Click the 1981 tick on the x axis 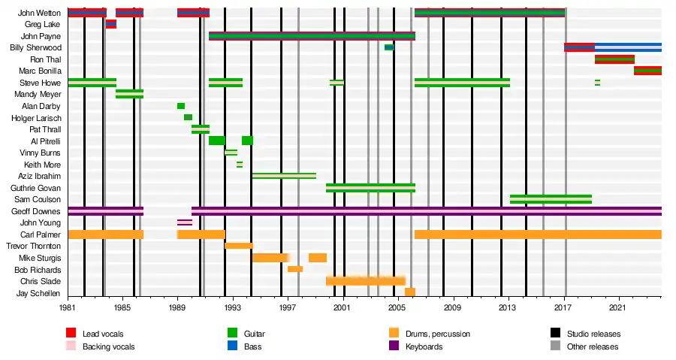[68, 307]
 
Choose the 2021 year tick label [617, 307]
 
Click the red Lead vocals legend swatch [71, 333]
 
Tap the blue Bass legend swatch [233, 346]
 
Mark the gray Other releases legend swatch [556, 346]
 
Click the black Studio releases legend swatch [556, 333]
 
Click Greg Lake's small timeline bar [110, 24]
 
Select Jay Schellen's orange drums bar [410, 292]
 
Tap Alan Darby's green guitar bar [181, 106]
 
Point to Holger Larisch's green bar [188, 117]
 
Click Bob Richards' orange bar [295, 269]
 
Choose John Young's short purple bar [184, 222]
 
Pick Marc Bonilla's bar [647, 71]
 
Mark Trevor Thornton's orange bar [239, 246]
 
